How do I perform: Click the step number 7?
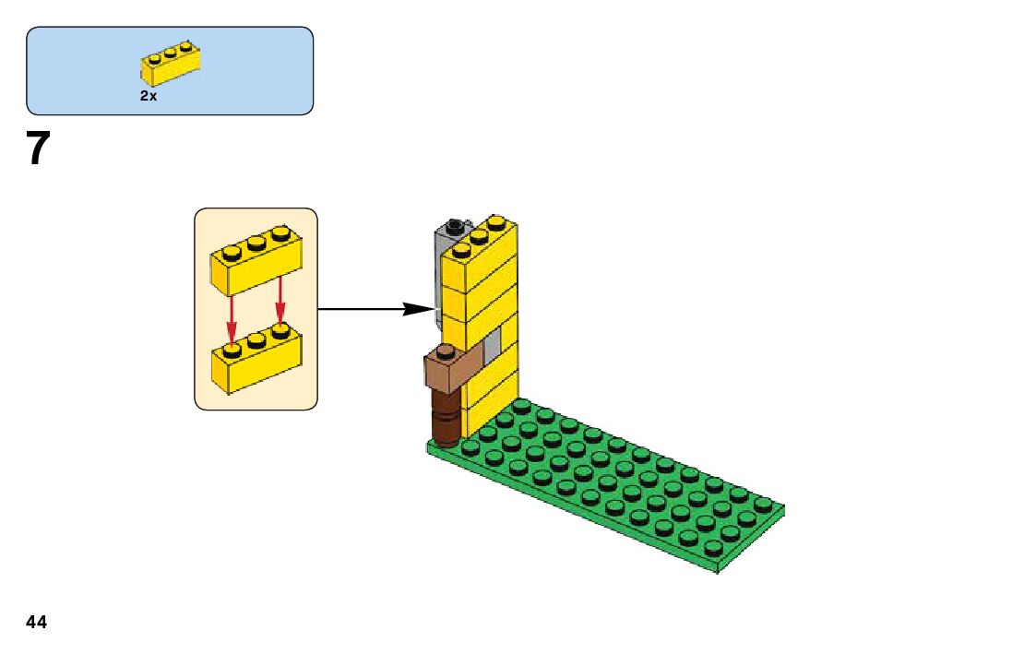pyautogui.click(x=36, y=149)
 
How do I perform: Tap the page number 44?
pyautogui.click(x=36, y=622)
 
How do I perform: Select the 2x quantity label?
pyautogui.click(x=149, y=96)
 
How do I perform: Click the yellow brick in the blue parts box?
pyautogui.click(x=171, y=65)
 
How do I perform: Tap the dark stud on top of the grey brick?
pyautogui.click(x=454, y=225)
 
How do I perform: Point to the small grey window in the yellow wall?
pyautogui.click(x=493, y=342)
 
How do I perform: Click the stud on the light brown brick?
pyautogui.click(x=446, y=351)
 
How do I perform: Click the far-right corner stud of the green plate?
pyautogui.click(x=763, y=504)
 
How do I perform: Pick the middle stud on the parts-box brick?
pyautogui.click(x=171, y=52)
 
